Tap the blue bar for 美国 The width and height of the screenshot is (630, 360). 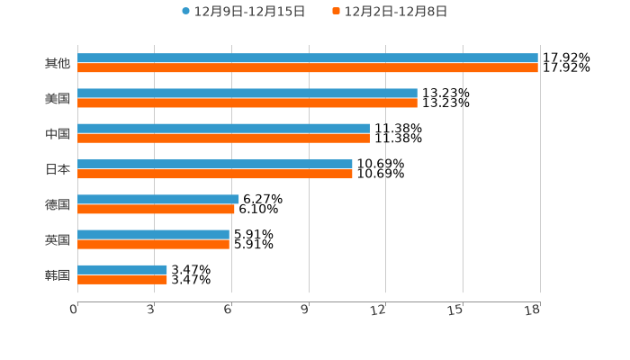point(247,94)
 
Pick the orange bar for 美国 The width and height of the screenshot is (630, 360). point(247,103)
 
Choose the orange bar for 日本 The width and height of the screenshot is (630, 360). point(215,174)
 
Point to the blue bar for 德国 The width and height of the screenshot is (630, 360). point(158,199)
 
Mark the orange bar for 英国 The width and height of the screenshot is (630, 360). point(153,244)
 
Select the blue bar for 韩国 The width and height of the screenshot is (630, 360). point(122,269)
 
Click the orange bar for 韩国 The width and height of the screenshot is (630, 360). point(122,279)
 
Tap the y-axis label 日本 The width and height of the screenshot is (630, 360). point(58,169)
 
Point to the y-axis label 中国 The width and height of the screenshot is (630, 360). point(58,134)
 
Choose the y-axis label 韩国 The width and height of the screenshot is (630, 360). point(58,274)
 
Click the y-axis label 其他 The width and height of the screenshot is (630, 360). point(58,64)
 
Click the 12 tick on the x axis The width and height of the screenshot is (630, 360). point(379,310)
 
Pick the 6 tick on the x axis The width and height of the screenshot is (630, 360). point(229,310)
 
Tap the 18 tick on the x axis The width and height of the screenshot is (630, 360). point(533,310)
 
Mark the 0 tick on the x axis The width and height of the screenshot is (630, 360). point(75,310)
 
